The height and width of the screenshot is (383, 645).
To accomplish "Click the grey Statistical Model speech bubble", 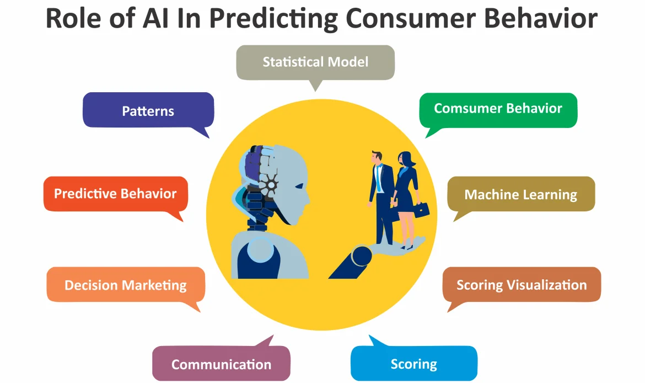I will coord(315,61).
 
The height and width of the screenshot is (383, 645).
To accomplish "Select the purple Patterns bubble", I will coord(148,110).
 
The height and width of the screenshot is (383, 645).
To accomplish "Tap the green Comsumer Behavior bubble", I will coord(498,109).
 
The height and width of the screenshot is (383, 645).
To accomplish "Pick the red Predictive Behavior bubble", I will coord(115,194).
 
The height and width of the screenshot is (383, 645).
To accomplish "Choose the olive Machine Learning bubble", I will coord(520,194).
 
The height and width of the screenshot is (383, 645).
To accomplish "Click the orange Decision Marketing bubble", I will coord(126,285).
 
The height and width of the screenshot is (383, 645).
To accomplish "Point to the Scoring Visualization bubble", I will coord(521,285).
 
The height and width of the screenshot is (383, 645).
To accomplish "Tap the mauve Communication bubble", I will coord(221,364).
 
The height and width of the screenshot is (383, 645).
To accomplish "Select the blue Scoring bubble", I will coord(413,364).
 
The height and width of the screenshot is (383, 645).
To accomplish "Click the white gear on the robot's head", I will coord(272,183).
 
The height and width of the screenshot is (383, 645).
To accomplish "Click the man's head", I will coord(377,157).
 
